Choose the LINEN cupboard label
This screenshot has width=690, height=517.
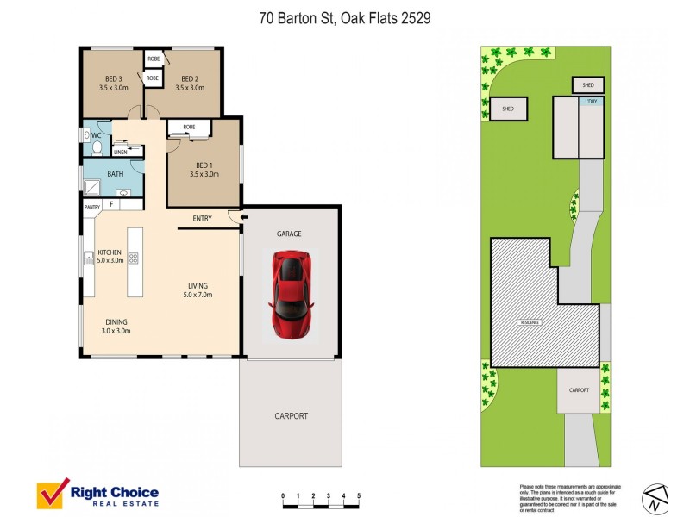120,153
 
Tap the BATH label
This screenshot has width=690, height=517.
115,174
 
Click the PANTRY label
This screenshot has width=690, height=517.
92,207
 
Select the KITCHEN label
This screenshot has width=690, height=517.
110,252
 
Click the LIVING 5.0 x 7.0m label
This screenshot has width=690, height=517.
198,290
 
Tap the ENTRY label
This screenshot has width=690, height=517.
202,219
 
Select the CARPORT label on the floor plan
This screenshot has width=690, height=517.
291,416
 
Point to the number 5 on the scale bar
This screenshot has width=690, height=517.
358,496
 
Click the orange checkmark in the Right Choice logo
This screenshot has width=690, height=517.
53,494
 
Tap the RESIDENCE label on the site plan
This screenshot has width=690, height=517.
529,322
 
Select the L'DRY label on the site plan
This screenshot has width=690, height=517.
591,103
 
